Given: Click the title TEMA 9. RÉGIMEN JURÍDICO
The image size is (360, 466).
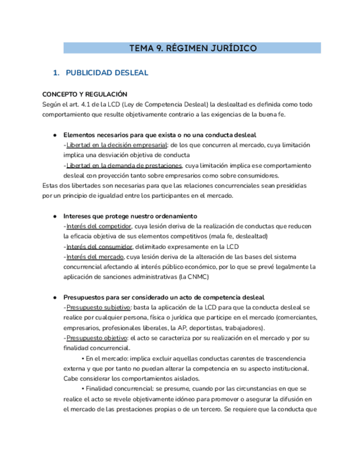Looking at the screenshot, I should (x=192, y=48).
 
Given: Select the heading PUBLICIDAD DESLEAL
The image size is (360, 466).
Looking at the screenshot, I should (x=107, y=73).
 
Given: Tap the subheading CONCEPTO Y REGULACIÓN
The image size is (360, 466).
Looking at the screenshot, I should (x=85, y=94).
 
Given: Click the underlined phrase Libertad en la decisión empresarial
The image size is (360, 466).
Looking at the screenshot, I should (x=117, y=145).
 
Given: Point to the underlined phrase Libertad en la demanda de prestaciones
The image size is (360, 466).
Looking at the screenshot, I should (x=124, y=165).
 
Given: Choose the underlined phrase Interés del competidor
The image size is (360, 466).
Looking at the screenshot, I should (x=98, y=226).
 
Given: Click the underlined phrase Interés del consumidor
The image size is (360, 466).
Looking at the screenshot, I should (x=99, y=247).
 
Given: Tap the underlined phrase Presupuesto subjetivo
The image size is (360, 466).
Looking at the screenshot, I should (x=98, y=307).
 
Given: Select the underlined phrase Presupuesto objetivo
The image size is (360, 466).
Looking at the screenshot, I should (x=96, y=337).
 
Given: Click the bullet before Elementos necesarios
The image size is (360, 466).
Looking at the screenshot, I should (x=55, y=135).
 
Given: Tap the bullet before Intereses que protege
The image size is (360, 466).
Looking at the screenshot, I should (x=55, y=216).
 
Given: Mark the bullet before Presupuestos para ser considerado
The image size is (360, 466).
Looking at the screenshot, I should (x=55, y=297).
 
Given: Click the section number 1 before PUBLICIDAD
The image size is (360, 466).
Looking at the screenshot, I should (x=55, y=73).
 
